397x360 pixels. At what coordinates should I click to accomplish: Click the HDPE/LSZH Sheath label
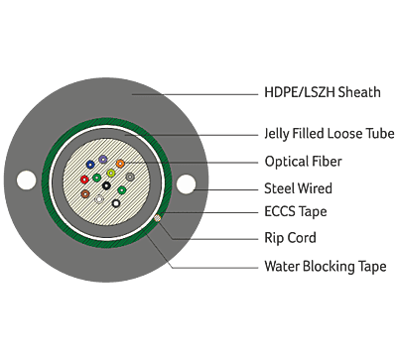pos(324,93)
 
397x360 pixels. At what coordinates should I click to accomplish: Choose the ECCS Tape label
pos(295,211)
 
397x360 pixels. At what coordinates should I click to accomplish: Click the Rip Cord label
pos(289,238)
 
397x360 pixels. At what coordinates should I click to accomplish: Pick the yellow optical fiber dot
pos(111,175)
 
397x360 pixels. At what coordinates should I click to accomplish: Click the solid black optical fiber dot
pos(107,185)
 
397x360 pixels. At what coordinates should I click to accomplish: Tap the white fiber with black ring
pos(117,203)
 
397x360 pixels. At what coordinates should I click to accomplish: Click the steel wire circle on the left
pos(27,180)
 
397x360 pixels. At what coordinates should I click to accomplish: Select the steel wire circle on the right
pos(186,182)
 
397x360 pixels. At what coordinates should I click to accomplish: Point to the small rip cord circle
pos(156,215)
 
